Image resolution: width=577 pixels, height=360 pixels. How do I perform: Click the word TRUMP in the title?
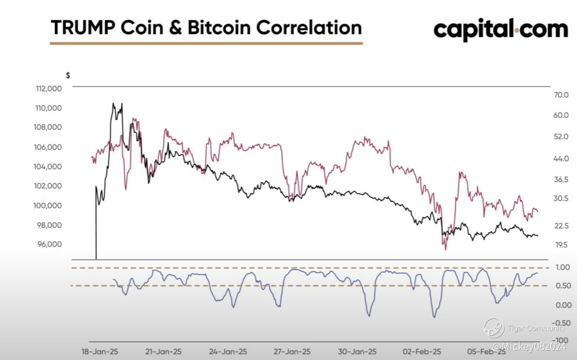tap(83, 28)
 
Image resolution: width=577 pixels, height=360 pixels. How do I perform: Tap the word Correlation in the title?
tap(309, 28)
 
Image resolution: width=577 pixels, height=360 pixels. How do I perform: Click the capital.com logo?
tap(501, 30)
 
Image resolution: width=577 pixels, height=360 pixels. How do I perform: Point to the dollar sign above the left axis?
tap(68, 76)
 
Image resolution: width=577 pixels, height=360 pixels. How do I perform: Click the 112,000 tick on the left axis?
tap(49, 89)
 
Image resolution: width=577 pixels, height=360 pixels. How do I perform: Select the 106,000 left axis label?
tap(48, 147)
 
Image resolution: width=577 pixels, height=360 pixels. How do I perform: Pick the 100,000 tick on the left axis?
tap(48, 205)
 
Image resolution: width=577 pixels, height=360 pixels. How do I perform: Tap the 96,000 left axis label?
tap(49, 244)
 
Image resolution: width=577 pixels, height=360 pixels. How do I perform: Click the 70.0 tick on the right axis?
tap(561, 95)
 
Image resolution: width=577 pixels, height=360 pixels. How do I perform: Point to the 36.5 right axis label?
tap(561, 179)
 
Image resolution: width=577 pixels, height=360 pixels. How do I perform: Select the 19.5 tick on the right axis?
tap(561, 244)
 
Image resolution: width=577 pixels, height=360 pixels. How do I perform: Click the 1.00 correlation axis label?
tap(563, 267)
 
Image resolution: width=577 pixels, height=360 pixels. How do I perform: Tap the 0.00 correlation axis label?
tap(563, 305)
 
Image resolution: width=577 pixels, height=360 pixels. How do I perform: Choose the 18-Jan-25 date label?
tap(100, 352)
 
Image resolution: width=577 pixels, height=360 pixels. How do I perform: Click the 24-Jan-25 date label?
tap(228, 352)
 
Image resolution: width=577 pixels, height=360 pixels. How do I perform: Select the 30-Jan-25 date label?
tap(357, 352)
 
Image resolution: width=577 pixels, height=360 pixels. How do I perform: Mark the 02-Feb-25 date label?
tap(422, 352)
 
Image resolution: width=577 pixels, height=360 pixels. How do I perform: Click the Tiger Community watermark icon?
tap(494, 328)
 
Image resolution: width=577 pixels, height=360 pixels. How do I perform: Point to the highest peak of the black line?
tap(113, 103)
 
